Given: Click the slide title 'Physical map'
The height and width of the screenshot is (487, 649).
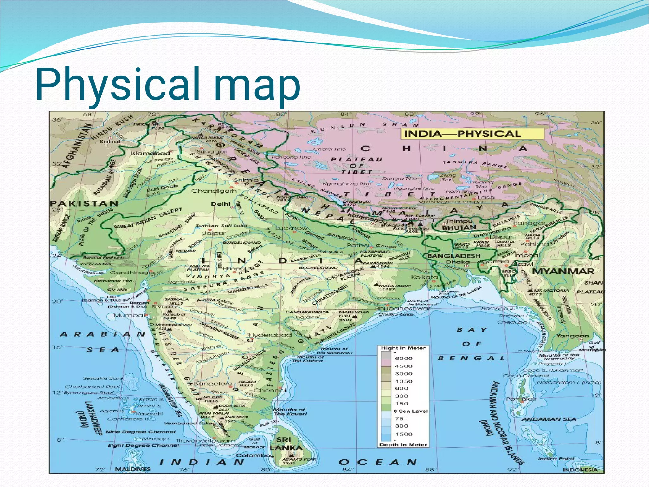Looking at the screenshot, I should point(168,84).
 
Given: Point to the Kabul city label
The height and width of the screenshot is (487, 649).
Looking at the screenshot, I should point(110,141).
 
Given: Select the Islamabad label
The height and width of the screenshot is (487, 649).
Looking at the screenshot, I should point(150,153).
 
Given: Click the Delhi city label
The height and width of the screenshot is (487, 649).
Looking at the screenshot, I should point(221,204).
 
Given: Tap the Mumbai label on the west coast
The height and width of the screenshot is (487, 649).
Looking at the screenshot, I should point(129,315).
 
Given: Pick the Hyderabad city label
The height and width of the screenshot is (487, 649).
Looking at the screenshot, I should point(270,335).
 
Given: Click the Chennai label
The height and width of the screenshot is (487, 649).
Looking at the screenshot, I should point(270,390).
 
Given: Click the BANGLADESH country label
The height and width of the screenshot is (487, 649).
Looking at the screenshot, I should point(454,256).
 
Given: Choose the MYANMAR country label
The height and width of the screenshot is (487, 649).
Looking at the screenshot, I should point(563,271).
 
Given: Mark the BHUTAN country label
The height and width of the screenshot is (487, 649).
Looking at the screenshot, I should point(459,228).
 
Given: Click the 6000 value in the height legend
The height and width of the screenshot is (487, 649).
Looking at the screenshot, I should point(403,359).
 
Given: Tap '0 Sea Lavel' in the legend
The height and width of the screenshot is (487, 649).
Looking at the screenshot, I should point(411,411).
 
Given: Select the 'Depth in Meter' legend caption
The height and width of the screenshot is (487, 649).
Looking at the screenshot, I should point(403,445).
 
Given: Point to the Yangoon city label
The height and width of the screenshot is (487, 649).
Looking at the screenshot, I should point(573,336).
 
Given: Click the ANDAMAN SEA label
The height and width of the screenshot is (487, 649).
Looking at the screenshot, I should point(549,419).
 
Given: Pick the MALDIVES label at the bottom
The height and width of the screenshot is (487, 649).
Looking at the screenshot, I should point(133,469).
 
